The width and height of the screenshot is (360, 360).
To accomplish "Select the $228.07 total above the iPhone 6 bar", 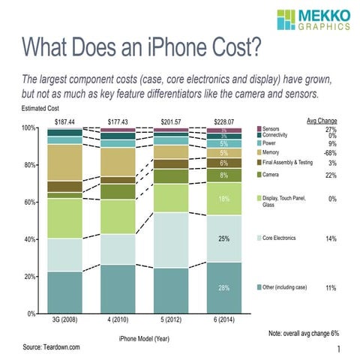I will tap(223, 121).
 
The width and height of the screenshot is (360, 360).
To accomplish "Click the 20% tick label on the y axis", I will tap(27, 277).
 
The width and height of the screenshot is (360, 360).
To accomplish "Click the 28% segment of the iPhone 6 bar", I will tap(223, 288).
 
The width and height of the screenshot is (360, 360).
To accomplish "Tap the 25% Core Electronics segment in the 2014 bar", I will tap(223, 239).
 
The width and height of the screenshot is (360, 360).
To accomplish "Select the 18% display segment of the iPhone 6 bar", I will tap(223, 199).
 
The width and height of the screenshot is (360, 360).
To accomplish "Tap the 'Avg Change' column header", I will tap(322, 120).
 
